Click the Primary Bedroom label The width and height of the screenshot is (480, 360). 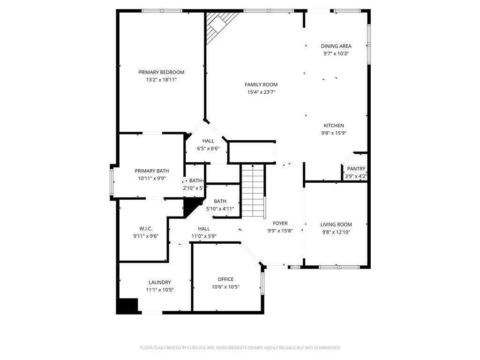pos(161,72)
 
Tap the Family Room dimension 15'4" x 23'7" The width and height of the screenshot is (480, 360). pos(261,92)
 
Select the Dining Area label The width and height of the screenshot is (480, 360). pos(336,46)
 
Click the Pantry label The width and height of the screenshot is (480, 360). pos(356,169)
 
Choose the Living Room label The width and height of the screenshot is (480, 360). pos(336,225)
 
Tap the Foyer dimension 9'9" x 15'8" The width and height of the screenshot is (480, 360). pos(280,231)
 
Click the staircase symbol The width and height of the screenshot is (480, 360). pos(253,190)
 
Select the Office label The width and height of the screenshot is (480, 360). pos(225,279)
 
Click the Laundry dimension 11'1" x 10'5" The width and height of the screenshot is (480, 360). pos(160,290)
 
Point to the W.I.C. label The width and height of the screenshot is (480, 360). pos(146,229)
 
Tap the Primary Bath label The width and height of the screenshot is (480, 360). pos(152,171)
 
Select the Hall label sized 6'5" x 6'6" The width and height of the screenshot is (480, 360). pos(208,141)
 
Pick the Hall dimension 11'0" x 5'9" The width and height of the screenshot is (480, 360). pos(204,236)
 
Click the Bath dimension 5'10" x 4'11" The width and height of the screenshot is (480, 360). pos(220,209)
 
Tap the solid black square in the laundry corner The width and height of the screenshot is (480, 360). pos(127,306)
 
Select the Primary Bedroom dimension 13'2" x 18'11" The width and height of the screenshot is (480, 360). pos(161,80)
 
